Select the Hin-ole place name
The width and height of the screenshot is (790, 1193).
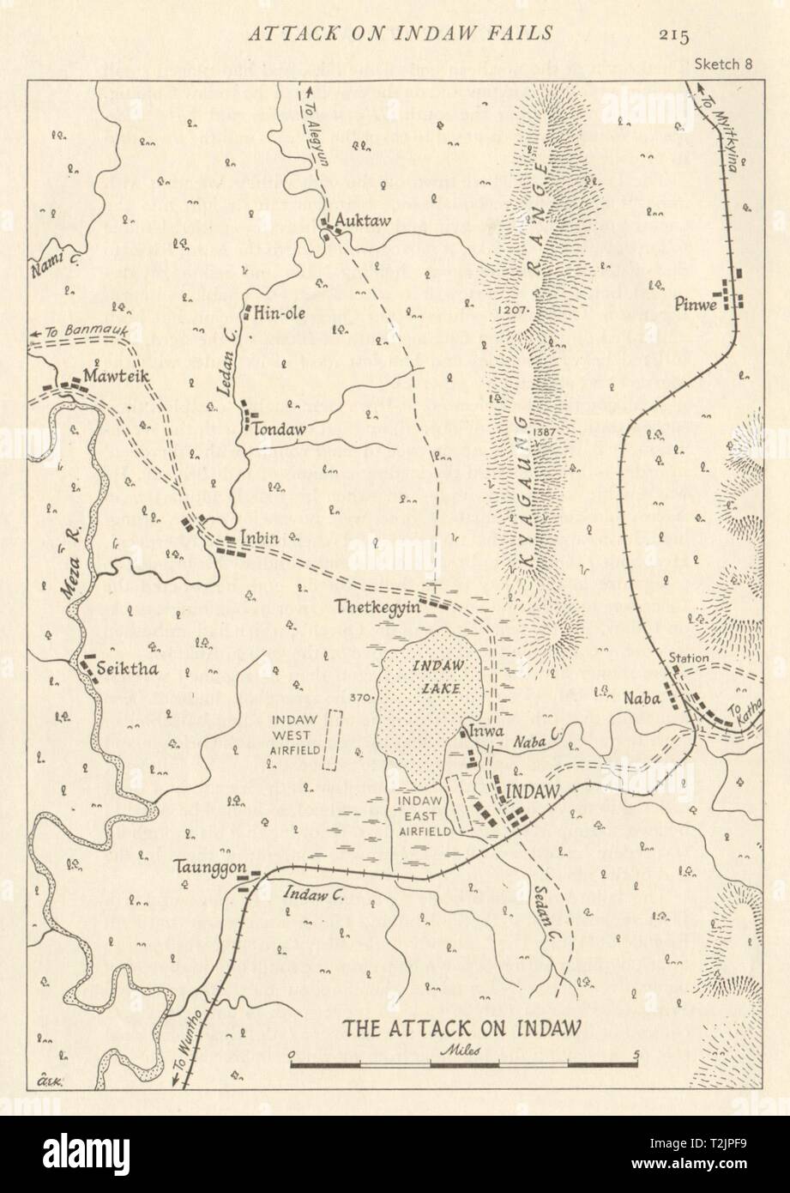pos(281,314)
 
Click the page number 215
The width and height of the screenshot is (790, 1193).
pos(675,34)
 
